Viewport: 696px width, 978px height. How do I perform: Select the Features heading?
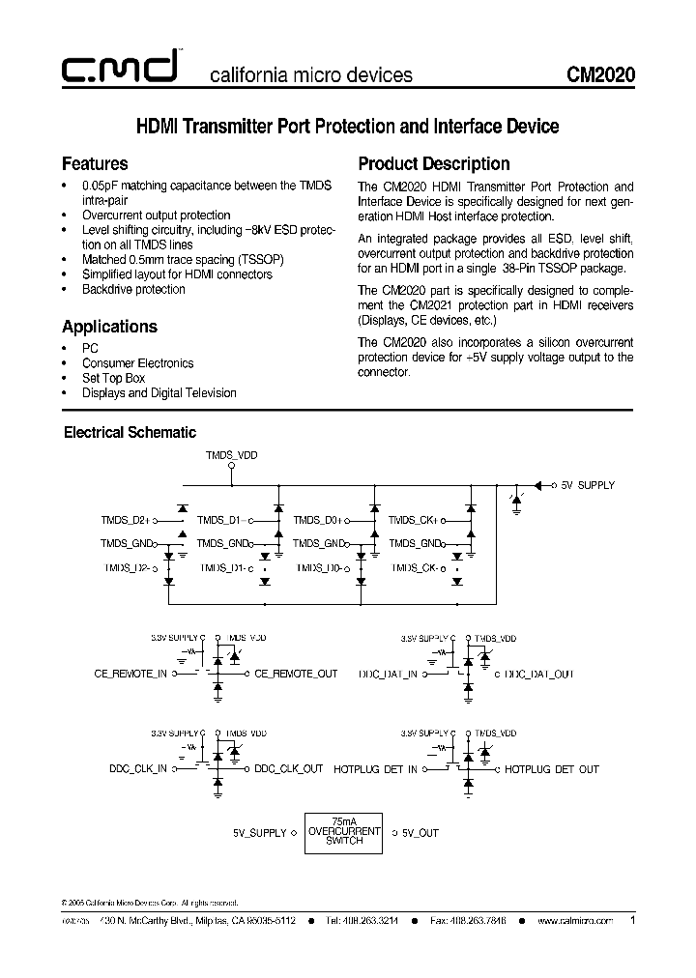[x=95, y=163]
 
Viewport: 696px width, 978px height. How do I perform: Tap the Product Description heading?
[x=434, y=163]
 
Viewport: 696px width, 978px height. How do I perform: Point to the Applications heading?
[x=109, y=327]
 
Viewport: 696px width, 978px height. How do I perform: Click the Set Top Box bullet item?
[x=114, y=378]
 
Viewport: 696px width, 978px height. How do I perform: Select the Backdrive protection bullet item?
[x=133, y=289]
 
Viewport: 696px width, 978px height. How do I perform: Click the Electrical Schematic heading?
[x=130, y=433]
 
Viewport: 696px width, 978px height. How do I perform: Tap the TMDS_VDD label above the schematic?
[x=232, y=453]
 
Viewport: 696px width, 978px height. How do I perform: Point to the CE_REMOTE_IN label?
[x=130, y=674]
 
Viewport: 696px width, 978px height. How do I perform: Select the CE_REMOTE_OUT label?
[x=296, y=674]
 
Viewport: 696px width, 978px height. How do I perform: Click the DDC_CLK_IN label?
[x=137, y=769]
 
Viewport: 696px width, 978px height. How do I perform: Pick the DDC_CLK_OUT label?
[x=289, y=769]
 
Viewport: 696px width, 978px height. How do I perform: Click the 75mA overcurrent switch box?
[x=343, y=832]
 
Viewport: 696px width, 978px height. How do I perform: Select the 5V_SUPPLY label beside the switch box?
[x=260, y=832]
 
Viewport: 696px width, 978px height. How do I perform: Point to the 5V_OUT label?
[x=420, y=832]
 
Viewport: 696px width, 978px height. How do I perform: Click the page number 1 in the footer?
[x=632, y=921]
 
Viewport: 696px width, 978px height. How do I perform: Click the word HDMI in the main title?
[x=157, y=127]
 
